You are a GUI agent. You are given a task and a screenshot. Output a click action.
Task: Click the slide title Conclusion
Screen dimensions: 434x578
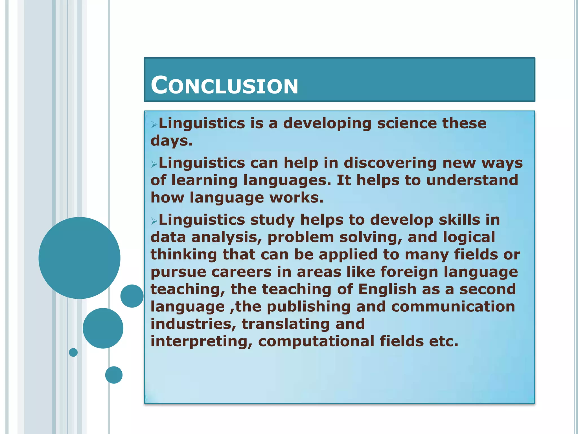224,85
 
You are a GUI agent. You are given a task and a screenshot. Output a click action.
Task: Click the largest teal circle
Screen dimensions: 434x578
79,258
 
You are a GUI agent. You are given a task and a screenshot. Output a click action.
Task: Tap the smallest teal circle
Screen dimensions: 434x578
73,352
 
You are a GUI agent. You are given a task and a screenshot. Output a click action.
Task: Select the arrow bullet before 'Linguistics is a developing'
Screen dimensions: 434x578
154,124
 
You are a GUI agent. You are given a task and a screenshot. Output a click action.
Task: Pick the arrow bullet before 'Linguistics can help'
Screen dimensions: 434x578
154,164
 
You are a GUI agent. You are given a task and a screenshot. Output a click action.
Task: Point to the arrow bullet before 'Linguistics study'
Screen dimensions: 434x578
154,221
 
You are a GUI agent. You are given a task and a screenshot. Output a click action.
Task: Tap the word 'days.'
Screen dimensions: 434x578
172,141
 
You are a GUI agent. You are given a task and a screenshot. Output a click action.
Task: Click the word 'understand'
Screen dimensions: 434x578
472,180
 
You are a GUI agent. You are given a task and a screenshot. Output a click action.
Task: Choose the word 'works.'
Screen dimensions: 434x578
296,198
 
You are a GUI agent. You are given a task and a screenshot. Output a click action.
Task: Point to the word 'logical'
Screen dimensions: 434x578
469,237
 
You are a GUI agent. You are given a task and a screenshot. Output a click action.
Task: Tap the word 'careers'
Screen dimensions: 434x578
241,272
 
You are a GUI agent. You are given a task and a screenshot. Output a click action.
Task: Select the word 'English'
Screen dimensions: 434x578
387,289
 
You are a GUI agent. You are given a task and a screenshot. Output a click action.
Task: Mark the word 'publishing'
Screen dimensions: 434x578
308,307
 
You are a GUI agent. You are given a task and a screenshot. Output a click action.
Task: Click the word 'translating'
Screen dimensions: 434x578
286,324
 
